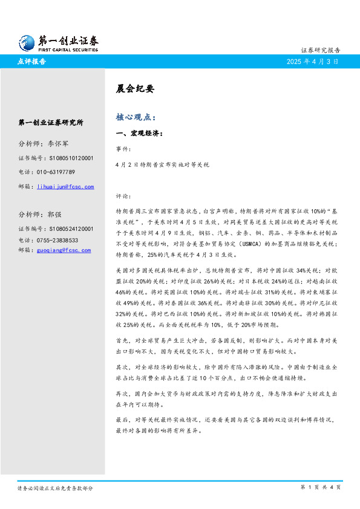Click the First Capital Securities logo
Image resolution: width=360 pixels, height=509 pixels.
point(59,42)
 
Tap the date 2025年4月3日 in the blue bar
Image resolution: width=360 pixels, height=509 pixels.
point(312,61)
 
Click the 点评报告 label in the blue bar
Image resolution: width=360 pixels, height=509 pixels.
point(33,61)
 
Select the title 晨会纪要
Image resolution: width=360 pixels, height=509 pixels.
point(131,88)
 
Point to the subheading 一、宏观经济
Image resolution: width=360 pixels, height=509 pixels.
point(139,133)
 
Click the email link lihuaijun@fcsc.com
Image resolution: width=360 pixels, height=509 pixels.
point(65,187)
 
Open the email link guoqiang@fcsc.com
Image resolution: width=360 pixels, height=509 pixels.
point(63,250)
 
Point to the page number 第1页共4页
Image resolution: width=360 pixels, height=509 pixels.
point(320,487)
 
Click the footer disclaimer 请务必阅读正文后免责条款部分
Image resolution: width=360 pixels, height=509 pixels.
point(55,488)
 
